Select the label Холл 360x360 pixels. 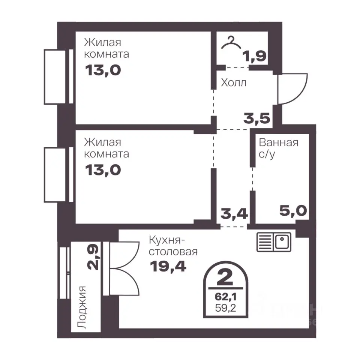click(234, 82)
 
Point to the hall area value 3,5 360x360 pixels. click(256, 118)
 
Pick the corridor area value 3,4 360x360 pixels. click(234, 214)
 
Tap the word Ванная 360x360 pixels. click(279, 142)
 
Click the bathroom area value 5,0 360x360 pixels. click(293, 210)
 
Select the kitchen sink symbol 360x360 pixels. click(274, 242)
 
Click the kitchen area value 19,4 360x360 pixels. click(168, 266)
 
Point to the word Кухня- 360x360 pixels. click(167, 240)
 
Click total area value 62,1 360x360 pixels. click(225, 297)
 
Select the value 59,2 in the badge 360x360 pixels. click(225, 308)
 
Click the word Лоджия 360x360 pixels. click(81, 307)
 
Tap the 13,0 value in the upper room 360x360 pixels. click(103, 70)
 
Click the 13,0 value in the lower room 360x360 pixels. click(103, 170)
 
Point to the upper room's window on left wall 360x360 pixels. click(58, 76)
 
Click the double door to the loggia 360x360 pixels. click(121, 268)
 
